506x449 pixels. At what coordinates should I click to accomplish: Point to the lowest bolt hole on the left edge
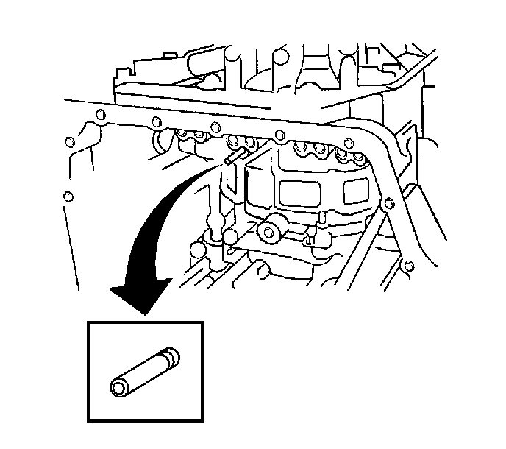pyautogui.click(x=68, y=197)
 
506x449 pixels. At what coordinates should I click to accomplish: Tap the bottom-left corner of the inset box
pyautogui.click(x=88, y=420)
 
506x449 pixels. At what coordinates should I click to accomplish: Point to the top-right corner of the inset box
pyautogui.click(x=202, y=322)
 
